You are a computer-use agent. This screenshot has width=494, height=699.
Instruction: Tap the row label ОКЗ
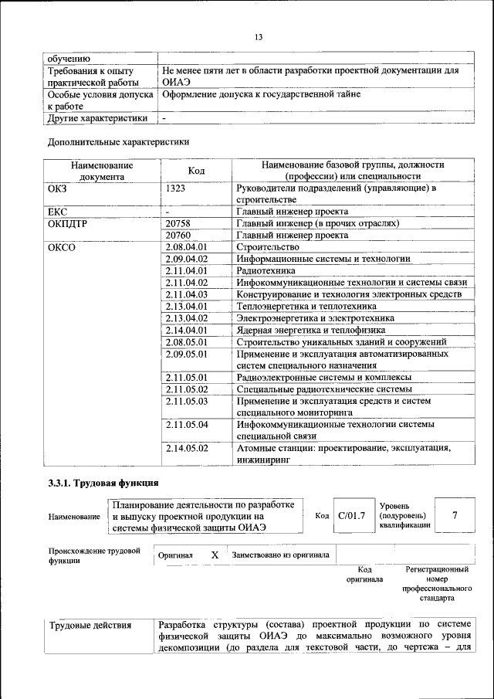57,188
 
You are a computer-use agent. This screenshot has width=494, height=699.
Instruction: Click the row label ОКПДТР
68,223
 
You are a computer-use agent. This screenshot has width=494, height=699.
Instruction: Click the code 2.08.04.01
187,246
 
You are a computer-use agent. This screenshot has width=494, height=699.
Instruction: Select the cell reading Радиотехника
266,270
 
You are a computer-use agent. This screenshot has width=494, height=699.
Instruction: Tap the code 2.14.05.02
187,448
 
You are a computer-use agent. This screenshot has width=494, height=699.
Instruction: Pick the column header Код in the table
196,170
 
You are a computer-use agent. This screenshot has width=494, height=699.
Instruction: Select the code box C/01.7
351,516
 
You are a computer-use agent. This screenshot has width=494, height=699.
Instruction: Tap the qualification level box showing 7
455,516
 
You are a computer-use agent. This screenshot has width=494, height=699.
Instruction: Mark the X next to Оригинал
215,555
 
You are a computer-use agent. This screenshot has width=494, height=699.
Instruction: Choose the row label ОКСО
62,246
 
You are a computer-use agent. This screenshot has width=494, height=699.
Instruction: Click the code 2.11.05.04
187,425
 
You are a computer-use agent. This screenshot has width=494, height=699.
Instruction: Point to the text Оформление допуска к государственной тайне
261,94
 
